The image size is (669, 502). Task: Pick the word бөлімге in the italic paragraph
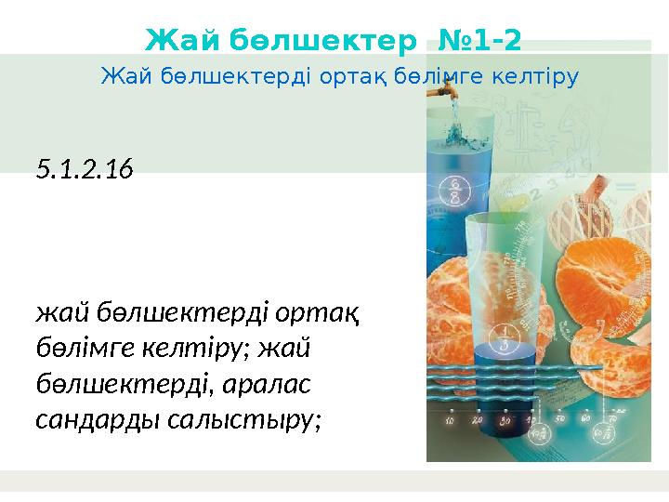(x=78, y=348)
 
